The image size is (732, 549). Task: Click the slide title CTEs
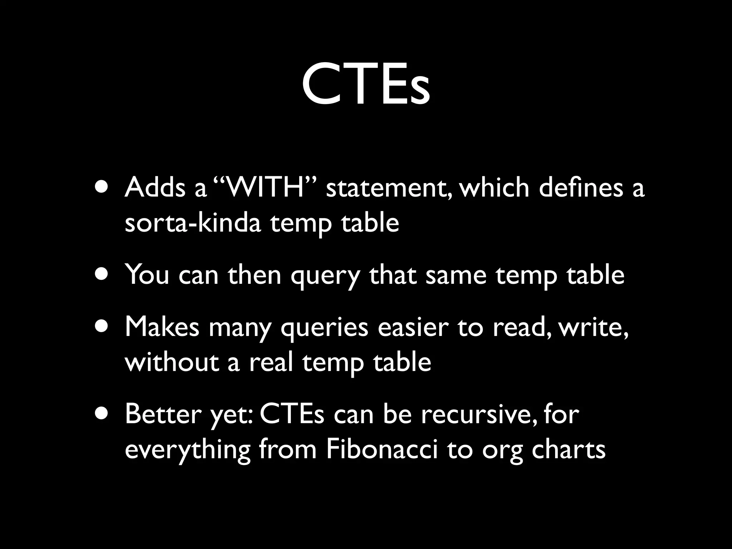point(366,84)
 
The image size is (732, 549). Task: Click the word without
point(172,362)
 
